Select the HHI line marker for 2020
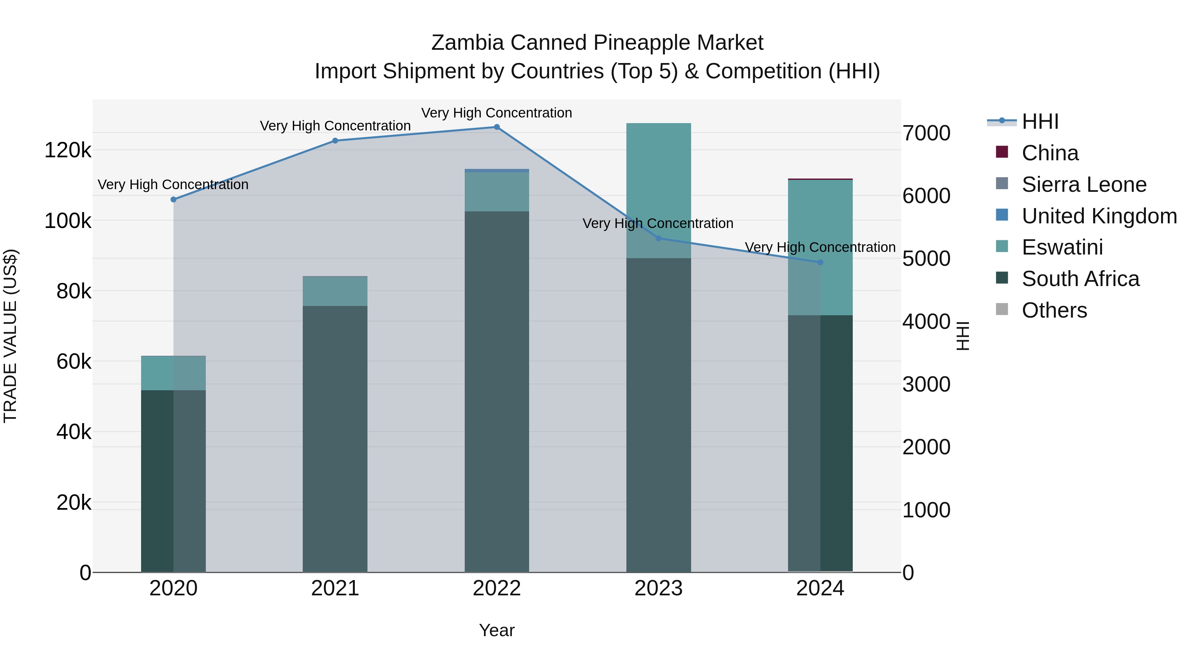[174, 199]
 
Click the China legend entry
[1050, 153]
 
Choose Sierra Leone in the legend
[1084, 185]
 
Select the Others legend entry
[1054, 310]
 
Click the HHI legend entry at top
[1040, 121]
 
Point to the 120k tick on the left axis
[68, 150]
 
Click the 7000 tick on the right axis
[926, 133]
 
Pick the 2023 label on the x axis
[658, 588]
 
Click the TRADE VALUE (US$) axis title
[10, 336]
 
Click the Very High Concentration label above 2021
[335, 126]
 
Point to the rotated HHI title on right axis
[963, 336]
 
